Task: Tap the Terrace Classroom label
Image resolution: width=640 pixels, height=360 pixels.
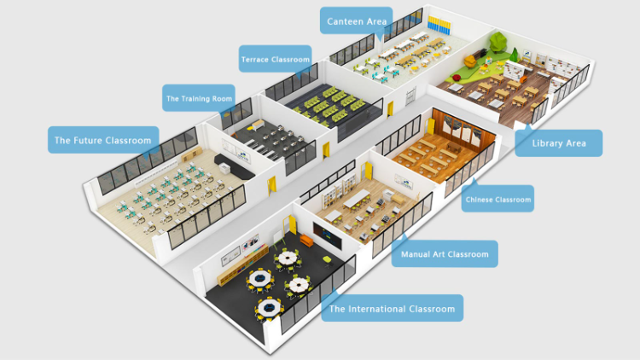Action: pos(275,60)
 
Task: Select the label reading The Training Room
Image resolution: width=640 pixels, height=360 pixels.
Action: pos(198,98)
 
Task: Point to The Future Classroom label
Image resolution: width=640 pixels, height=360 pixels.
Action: pos(102,140)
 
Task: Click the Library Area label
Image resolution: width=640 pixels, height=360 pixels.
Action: pos(559,142)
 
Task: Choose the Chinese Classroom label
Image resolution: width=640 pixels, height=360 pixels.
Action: pos(497,200)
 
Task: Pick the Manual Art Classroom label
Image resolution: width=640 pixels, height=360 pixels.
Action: pos(445,253)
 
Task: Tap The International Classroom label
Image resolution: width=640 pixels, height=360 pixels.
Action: pos(392,308)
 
